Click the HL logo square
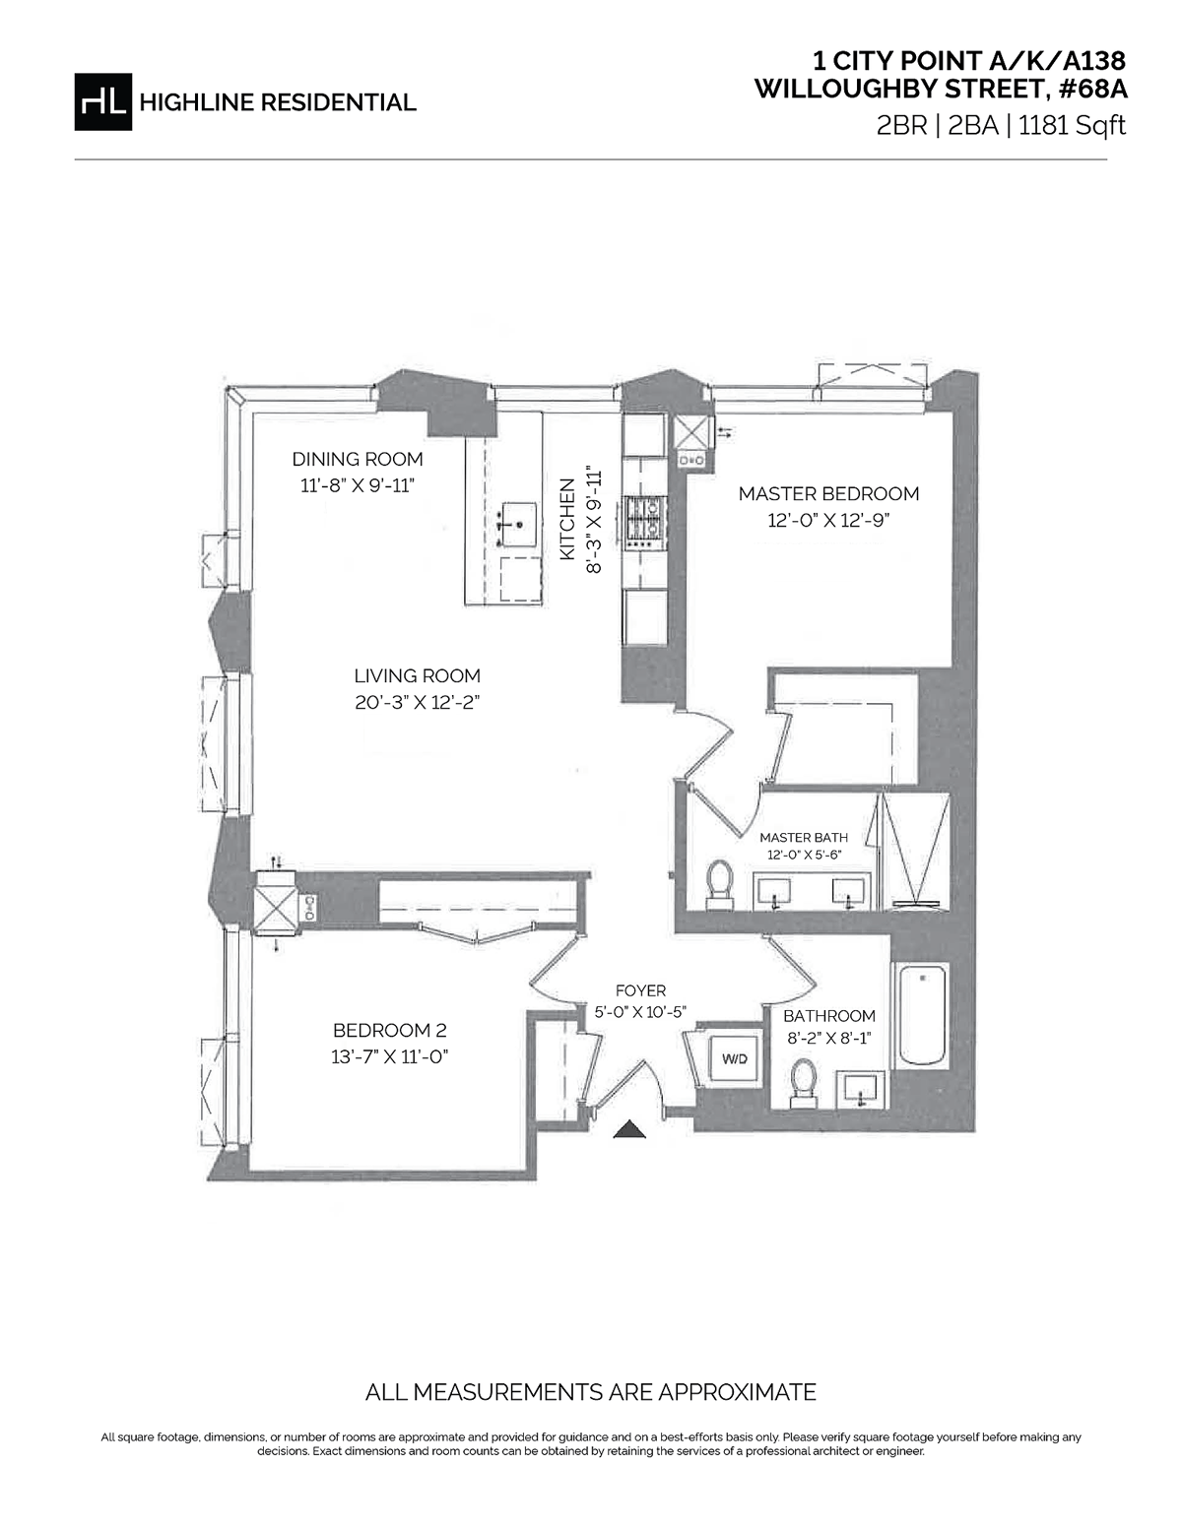102,101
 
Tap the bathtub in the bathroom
920,1014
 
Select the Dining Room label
358,459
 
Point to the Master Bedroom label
828,493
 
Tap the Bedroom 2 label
389,1031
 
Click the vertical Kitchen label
567,519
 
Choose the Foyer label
640,990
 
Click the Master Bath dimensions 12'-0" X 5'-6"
804,855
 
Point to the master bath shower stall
915,849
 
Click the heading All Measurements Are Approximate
591,1392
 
